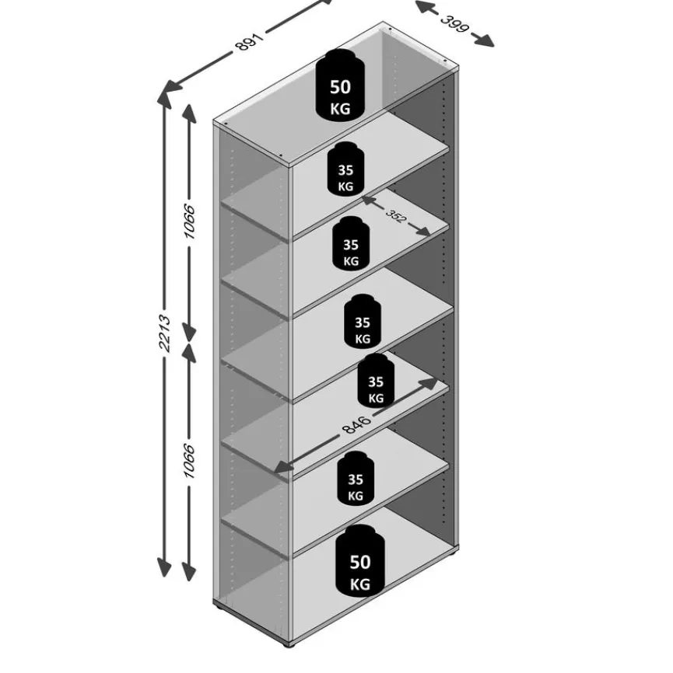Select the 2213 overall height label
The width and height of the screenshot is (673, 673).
point(165,333)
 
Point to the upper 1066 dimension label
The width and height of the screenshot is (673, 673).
point(189,221)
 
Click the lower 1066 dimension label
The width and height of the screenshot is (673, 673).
point(189,461)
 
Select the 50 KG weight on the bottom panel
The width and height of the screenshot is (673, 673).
point(360,560)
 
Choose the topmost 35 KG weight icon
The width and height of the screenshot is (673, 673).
point(345,169)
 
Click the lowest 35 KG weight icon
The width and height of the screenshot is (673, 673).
point(356,478)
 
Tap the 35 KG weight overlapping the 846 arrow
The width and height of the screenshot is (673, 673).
point(376,381)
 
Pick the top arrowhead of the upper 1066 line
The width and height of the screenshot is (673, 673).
point(189,113)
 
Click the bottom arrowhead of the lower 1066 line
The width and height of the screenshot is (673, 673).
point(188,571)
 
